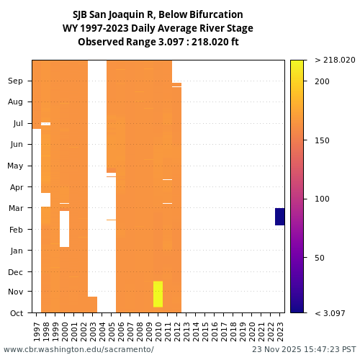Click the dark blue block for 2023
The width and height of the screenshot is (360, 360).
[x=280, y=217]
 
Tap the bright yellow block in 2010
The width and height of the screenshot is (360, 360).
[x=158, y=294]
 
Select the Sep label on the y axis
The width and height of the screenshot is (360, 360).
[x=15, y=81]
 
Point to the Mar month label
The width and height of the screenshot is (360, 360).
[x=15, y=208]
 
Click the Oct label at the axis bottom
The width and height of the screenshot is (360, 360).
[x=15, y=312]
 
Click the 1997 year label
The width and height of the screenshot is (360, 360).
[x=37, y=330]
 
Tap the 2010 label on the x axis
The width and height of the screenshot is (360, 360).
[x=158, y=330]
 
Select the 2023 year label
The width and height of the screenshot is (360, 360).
[x=280, y=330]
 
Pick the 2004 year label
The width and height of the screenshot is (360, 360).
[x=102, y=330]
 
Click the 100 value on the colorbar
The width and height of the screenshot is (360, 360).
[x=321, y=199]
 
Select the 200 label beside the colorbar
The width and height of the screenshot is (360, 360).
[x=321, y=81]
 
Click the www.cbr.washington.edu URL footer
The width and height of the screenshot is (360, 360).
[x=78, y=349]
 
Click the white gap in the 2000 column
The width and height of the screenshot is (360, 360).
[x=64, y=229]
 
